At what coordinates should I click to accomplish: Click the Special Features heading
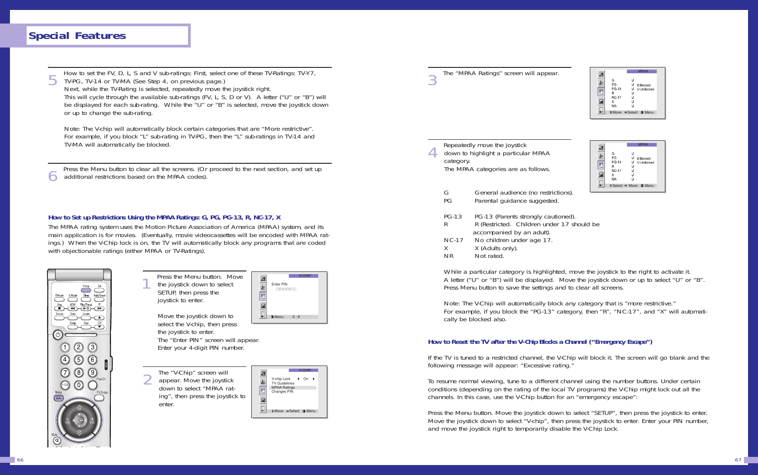click(77, 36)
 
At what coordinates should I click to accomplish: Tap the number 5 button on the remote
click(79, 360)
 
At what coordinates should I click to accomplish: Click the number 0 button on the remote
click(79, 385)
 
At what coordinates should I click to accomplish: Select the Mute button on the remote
click(57, 440)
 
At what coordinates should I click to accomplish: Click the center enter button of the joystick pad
click(80, 420)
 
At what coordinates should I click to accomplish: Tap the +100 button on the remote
click(65, 385)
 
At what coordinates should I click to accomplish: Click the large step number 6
click(53, 176)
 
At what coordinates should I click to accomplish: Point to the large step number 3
click(433, 80)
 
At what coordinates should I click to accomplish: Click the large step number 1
click(146, 284)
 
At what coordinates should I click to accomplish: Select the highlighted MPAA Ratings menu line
click(283, 387)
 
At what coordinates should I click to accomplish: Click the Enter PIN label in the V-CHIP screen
click(279, 284)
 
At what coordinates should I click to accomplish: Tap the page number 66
click(20, 460)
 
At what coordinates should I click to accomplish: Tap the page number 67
click(738, 460)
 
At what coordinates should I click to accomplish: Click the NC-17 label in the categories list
click(453, 240)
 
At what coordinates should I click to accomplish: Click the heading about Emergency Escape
click(540, 342)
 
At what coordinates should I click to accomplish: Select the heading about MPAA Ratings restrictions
click(165, 217)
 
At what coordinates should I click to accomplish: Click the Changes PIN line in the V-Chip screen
click(282, 391)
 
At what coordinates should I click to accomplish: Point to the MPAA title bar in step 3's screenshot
click(642, 71)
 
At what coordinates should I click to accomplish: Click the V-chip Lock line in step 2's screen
click(281, 379)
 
